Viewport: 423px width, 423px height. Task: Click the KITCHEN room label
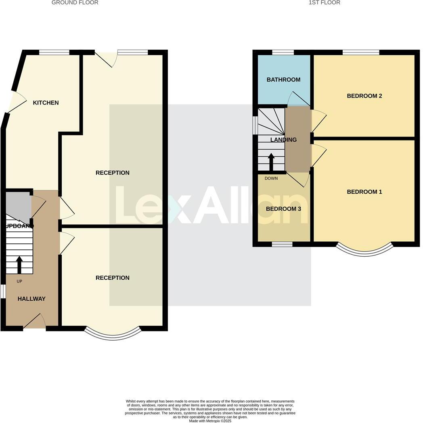click(x=46, y=103)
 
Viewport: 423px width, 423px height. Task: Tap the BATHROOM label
click(x=283, y=80)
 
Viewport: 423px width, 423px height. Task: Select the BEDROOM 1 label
click(x=364, y=192)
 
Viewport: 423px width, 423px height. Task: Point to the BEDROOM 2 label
click(x=364, y=96)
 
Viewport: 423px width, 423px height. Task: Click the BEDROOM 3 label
click(x=283, y=209)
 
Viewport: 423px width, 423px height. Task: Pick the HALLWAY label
click(x=31, y=299)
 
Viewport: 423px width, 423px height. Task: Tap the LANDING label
click(x=283, y=140)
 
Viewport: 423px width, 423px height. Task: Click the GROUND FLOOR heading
click(x=75, y=2)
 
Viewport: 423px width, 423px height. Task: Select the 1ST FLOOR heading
click(x=324, y=2)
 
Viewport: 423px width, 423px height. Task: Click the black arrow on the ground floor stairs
click(x=19, y=265)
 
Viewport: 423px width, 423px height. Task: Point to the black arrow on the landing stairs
click(x=271, y=162)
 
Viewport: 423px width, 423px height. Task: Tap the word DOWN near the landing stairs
click(x=271, y=178)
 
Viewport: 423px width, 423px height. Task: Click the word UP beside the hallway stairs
click(x=19, y=281)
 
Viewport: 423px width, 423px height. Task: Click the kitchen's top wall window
click(x=54, y=52)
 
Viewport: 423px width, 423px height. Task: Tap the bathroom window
click(x=283, y=52)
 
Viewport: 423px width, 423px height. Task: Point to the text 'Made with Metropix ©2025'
click(x=210, y=421)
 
